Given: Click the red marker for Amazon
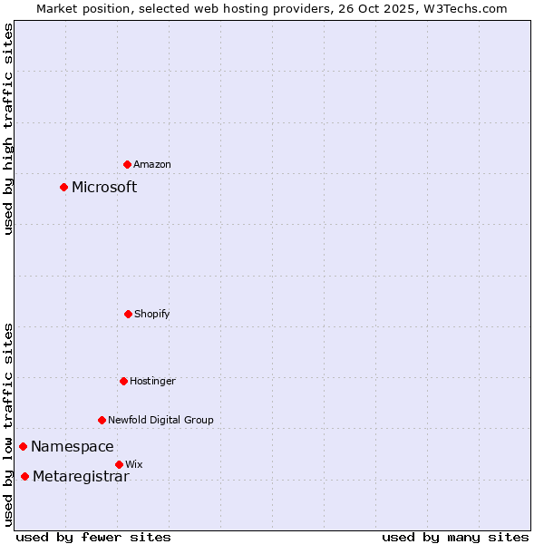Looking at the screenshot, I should point(127,164).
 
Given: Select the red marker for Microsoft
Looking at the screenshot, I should point(63,187).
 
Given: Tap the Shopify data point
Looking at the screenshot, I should point(128,314).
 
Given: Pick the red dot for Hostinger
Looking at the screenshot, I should point(123,381).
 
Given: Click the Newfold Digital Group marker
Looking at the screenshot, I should point(102,420).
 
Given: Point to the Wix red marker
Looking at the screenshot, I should point(119,464).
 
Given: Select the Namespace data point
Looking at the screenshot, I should point(23,446).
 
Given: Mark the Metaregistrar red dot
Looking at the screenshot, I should point(24,476).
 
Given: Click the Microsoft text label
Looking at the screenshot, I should point(104,187).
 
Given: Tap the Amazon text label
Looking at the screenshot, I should point(152,164).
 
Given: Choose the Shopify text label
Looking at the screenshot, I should point(152,314).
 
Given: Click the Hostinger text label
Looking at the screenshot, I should point(152,381).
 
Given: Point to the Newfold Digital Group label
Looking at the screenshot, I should point(160,420).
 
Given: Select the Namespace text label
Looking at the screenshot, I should point(73,446).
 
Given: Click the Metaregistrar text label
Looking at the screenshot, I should point(81,477).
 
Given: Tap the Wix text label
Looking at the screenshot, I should point(134,464).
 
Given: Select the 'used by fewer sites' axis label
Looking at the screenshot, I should point(93,537).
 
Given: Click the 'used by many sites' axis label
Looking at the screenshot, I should point(455,537).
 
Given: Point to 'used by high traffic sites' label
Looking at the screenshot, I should point(8,129).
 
